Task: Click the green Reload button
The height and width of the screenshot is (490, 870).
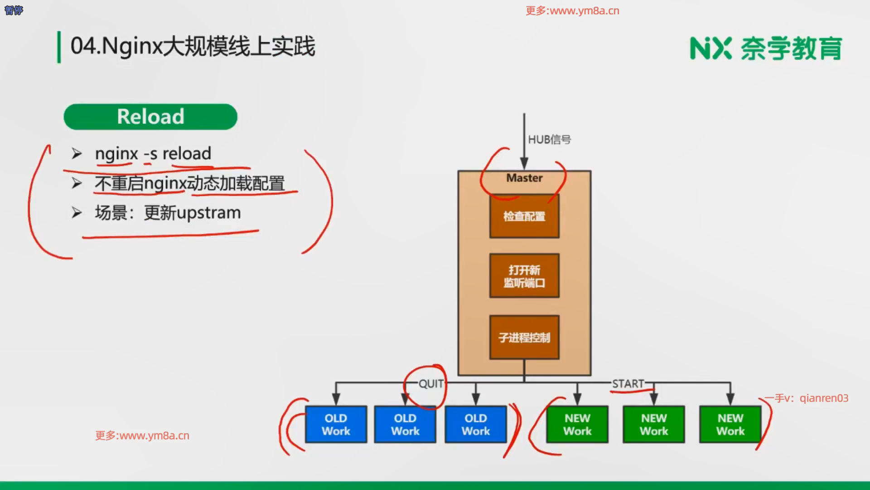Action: [150, 117]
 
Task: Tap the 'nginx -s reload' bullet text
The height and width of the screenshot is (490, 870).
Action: [153, 154]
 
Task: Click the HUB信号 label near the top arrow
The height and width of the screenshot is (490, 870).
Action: [550, 139]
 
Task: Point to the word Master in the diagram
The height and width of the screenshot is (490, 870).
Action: [524, 178]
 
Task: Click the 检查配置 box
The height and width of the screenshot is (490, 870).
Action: [524, 216]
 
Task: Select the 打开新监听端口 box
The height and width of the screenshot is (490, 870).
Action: [524, 276]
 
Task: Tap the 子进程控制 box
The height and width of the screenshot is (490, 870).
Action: [524, 337]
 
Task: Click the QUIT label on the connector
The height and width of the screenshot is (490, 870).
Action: [431, 384]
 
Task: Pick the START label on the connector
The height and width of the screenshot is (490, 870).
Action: [628, 384]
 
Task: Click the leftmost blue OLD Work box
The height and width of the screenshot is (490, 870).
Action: [336, 424]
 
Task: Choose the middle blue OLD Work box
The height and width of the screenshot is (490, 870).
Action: [405, 424]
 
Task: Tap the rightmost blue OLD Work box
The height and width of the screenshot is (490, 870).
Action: [476, 424]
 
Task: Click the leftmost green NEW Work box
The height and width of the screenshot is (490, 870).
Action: [577, 424]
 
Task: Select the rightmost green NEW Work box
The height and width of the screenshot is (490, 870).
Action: [730, 424]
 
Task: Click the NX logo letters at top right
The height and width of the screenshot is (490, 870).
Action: [710, 48]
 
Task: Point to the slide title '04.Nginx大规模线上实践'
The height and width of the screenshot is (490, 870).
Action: [193, 46]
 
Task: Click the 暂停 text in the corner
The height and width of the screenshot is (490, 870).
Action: [14, 10]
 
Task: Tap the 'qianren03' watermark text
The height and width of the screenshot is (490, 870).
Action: [824, 398]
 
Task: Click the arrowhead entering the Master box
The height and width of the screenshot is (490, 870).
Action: [524, 164]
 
